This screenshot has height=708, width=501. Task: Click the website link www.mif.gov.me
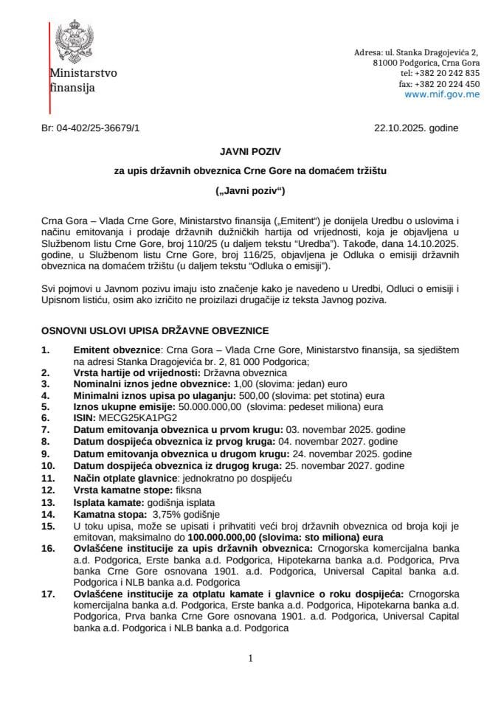point(442,94)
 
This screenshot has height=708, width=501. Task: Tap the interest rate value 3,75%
point(167,514)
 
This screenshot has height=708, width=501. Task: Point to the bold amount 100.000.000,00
point(249,538)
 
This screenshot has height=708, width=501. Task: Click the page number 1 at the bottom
point(251,659)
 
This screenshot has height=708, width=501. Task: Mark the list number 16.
point(48,549)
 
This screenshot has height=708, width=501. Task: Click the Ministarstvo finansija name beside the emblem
point(83,80)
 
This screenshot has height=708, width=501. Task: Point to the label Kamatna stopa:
point(108,514)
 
